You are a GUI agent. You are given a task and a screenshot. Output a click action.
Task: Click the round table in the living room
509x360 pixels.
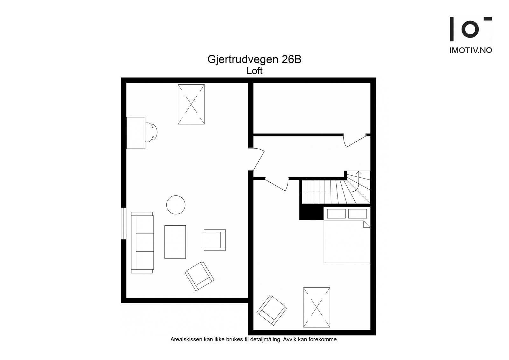click(176, 205)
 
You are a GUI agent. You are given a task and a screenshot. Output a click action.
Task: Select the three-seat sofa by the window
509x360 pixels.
click(142, 243)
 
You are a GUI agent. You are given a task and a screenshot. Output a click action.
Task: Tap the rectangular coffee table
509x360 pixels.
click(175, 242)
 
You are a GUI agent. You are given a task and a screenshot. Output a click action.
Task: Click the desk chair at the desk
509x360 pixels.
click(151, 132)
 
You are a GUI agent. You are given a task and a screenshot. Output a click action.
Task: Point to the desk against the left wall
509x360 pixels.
click(136, 133)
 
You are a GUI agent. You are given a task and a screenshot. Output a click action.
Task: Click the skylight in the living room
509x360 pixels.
click(191, 104)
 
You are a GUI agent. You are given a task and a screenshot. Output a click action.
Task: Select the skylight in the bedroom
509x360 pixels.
click(317, 307)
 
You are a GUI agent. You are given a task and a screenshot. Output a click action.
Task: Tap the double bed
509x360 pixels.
click(347, 235)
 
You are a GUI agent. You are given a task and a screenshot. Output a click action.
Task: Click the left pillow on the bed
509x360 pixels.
click(336, 214)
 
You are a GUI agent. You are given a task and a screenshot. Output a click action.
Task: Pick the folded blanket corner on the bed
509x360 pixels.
click(366, 224)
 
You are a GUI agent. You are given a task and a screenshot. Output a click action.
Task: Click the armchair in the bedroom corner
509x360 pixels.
click(272, 310)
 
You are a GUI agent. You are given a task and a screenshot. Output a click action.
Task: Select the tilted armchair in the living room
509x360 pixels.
click(199, 276)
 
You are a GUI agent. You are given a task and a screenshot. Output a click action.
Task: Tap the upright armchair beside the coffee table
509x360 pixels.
click(214, 240)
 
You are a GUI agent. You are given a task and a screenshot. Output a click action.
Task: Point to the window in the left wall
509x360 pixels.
click(123, 223)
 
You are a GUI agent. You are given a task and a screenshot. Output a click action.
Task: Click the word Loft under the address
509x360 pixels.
click(254, 71)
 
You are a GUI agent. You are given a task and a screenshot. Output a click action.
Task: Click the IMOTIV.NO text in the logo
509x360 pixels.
click(471, 50)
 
